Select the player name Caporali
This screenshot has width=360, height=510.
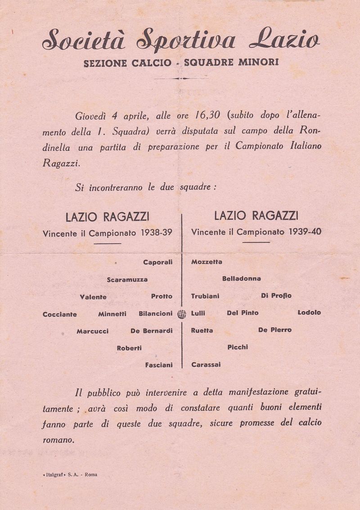coord(157,262)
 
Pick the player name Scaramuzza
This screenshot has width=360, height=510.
coord(127,280)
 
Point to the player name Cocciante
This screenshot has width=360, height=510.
coord(59,314)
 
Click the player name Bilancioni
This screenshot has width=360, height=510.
coord(155,313)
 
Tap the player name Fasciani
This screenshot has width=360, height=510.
coord(158,365)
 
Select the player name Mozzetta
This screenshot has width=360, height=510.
coord(207,262)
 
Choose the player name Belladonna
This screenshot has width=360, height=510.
coord(241,279)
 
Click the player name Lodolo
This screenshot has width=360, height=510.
coord(309,312)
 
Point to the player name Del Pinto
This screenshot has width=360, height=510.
coord(243,313)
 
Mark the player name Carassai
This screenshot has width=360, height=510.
coord(206,365)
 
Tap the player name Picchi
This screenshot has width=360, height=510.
coord(238,347)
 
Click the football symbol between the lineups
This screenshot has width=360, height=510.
coord(182,314)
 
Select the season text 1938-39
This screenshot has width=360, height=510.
coord(157,233)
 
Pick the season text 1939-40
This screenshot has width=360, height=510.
coord(305,232)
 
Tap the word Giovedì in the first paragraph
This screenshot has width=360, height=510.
coord(91,116)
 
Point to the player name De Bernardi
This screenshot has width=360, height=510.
coord(151,331)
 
